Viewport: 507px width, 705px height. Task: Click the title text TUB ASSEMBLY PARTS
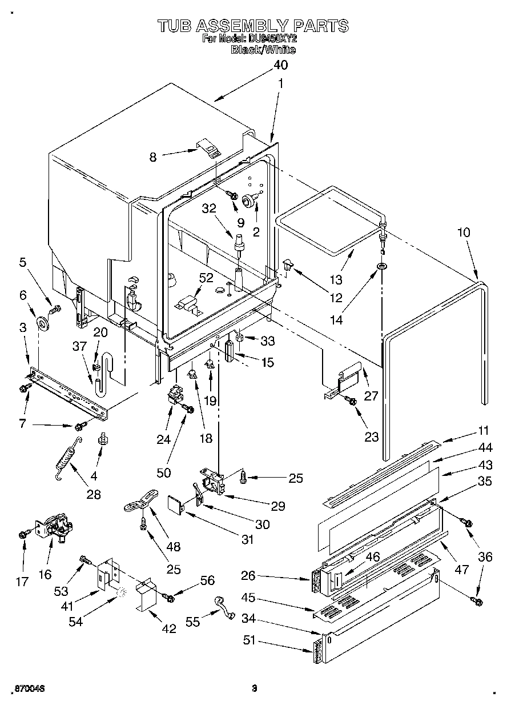point(252,26)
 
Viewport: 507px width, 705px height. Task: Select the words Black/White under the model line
point(263,50)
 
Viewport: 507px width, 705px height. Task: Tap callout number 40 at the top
point(280,65)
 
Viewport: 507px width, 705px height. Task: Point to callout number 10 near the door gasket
point(464,233)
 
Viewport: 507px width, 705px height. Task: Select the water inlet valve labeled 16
point(53,528)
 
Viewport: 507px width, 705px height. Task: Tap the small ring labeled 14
point(381,266)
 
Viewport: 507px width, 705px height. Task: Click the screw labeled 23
point(352,402)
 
